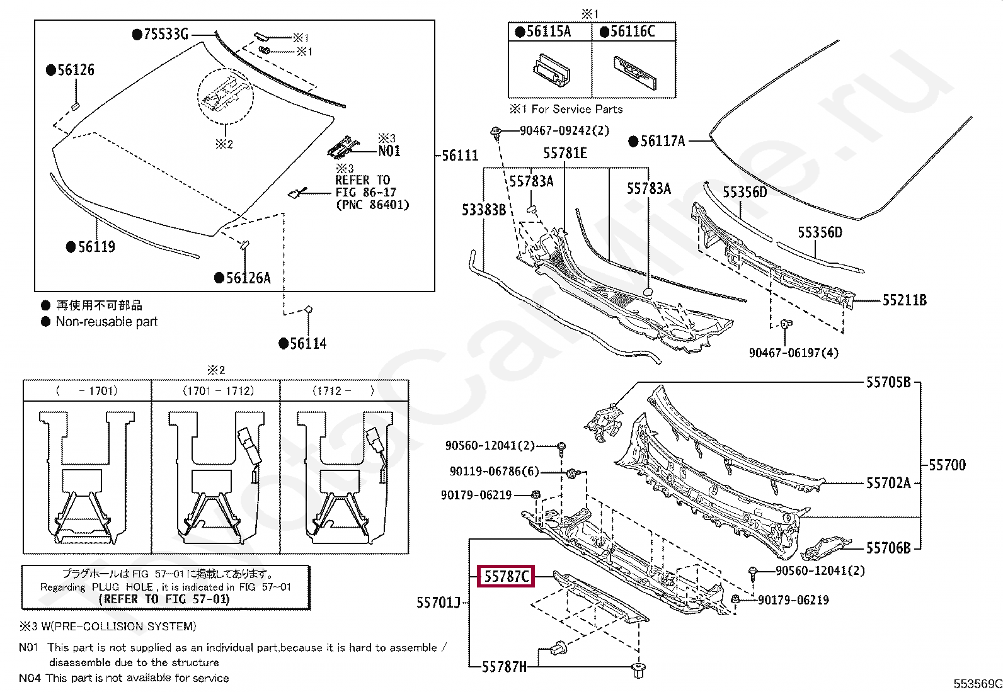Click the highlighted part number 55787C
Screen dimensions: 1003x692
pos(506,576)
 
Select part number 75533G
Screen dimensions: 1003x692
pos(166,34)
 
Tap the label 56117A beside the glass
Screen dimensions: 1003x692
pos(662,141)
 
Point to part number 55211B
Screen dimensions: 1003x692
pos(904,300)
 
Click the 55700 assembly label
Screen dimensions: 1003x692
pos(947,465)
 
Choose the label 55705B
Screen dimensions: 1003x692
pos(888,382)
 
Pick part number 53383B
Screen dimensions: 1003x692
pos(484,210)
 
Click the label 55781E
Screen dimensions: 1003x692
pos(565,153)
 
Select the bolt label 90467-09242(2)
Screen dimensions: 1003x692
pos(565,130)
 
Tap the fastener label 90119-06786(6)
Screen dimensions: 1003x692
pos(495,471)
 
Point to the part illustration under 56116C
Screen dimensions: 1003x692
pos(634,72)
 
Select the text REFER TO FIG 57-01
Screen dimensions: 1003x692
pos(164,599)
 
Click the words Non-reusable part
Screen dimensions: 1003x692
pos(106,322)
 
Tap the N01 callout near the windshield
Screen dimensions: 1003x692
pos(389,150)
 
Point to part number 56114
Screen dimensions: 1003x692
pos(307,343)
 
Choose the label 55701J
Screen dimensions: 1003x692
pos(438,603)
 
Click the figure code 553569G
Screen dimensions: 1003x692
pos(977,684)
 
